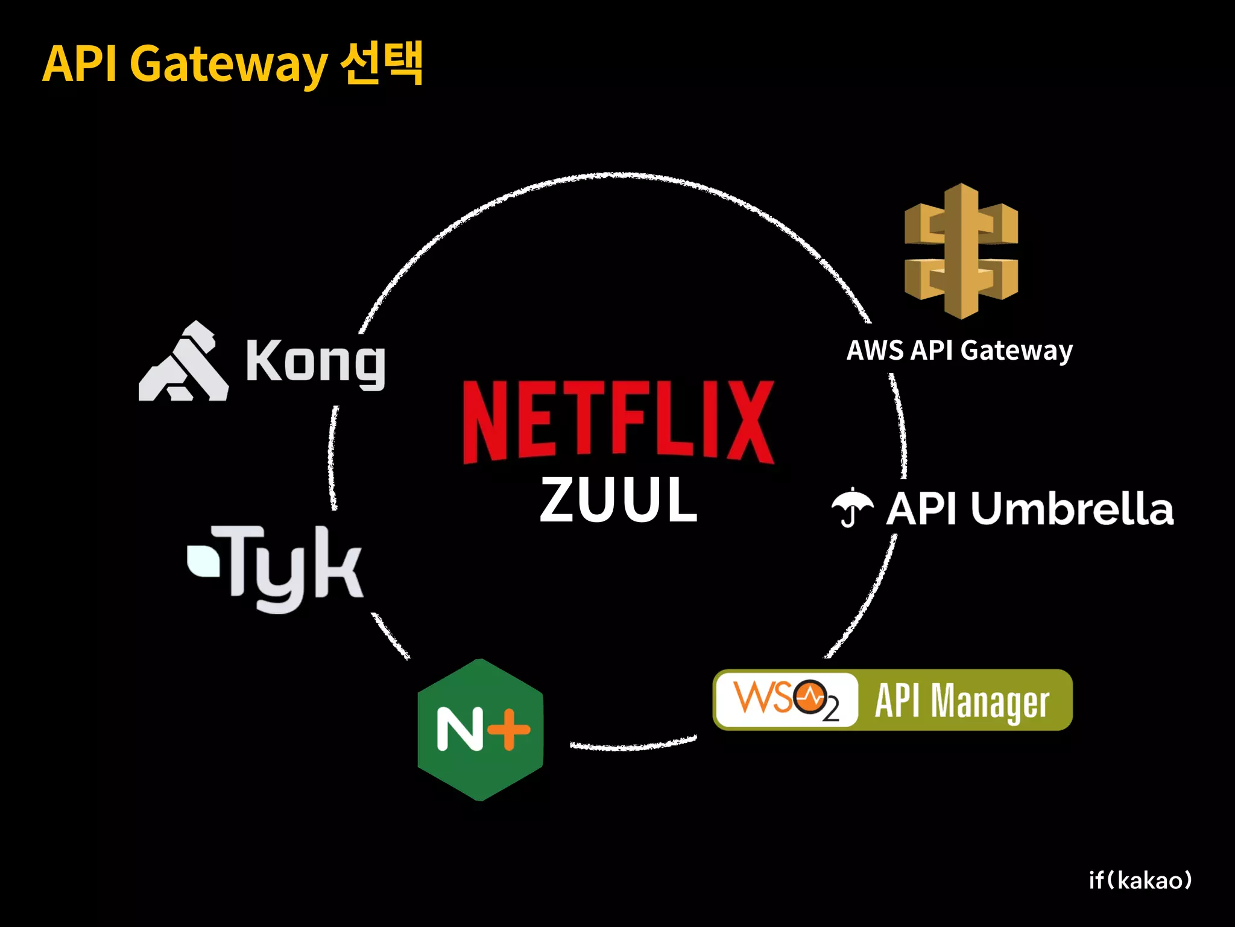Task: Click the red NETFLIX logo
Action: tap(618, 421)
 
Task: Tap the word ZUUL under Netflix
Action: tap(618, 500)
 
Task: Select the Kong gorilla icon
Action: tap(183, 362)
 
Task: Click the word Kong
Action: tap(315, 362)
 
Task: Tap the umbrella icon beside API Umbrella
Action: tap(851, 507)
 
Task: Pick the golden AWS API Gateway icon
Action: tap(961, 251)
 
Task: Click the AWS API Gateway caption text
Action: tap(959, 351)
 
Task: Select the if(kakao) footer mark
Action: tap(1140, 881)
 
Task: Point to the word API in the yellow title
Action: tap(80, 63)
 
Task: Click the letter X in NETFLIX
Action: tap(748, 421)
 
